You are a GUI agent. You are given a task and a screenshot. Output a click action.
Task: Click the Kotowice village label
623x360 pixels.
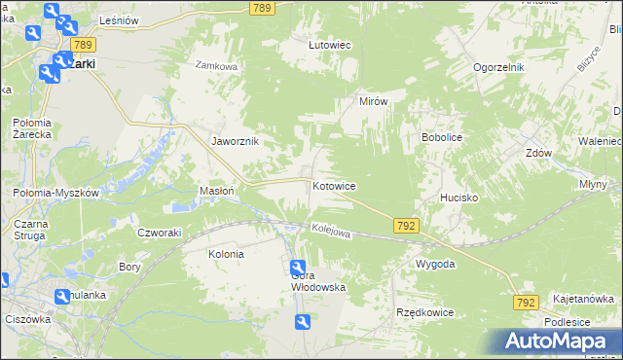tap(334, 185)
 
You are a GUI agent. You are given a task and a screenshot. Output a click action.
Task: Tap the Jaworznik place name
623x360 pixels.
tap(235, 140)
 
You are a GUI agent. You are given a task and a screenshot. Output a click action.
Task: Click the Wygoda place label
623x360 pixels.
tap(435, 264)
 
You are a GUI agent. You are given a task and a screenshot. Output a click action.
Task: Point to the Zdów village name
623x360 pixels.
tap(538, 154)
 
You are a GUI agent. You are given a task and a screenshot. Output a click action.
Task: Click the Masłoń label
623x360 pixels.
tap(216, 191)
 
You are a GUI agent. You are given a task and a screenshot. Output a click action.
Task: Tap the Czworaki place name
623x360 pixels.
tap(160, 232)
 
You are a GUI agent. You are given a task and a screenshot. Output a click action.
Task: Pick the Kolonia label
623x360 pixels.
tap(226, 254)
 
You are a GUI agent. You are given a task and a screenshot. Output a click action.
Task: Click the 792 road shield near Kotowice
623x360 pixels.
tap(407, 226)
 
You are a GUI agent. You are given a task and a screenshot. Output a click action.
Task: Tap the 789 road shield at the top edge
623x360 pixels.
tap(260, 8)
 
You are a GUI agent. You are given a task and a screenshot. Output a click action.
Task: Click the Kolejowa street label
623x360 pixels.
tap(330, 232)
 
